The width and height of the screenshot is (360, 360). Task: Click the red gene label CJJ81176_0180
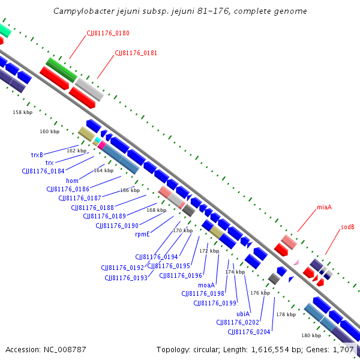108,33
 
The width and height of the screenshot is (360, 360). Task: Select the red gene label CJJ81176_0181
136,53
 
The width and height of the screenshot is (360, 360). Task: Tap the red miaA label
324,207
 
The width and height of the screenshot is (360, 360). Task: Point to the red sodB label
347,227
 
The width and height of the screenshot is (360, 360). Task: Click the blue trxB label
37,155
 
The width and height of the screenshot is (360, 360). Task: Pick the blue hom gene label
73,181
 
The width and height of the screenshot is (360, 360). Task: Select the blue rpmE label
142,234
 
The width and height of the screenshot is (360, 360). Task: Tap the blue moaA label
206,285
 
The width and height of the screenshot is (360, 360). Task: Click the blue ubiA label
243,314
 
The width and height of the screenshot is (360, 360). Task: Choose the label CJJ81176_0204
249,332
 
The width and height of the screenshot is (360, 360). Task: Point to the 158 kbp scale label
23,112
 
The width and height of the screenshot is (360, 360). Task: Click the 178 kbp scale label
286,314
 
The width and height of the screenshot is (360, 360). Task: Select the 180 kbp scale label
311,335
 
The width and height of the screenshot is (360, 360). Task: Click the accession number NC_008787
65,350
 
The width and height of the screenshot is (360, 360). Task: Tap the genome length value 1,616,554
270,350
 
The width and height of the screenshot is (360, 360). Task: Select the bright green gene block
62,70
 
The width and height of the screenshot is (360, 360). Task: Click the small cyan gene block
98,140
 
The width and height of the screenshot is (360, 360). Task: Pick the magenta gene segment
102,145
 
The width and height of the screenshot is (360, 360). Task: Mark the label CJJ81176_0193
126,278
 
